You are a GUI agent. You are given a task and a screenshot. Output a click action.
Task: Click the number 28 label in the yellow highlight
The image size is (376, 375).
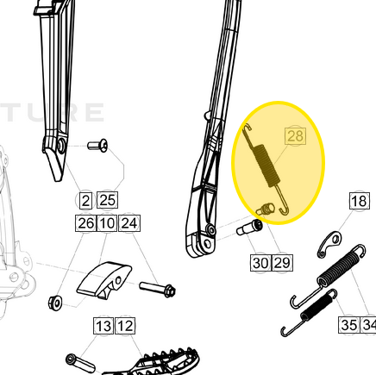tap(295, 136)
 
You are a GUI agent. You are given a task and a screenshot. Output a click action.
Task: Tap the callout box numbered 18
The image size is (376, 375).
tap(359, 202)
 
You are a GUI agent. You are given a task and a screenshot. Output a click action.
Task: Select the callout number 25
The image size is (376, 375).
tap(107, 201)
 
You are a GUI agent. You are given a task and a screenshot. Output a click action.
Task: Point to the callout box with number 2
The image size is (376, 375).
tap(85, 201)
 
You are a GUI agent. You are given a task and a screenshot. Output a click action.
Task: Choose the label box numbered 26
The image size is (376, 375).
tap(85, 224)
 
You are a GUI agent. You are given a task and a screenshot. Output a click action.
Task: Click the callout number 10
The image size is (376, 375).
tap(106, 224)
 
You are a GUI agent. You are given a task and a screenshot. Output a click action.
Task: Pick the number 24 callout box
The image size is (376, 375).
tap(128, 224)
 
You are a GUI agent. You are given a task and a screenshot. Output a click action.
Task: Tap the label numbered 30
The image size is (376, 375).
tap(260, 262)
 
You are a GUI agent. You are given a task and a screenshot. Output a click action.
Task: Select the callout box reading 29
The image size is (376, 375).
tap(281, 262)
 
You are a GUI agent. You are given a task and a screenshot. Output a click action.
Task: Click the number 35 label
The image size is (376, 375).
tap(348, 325)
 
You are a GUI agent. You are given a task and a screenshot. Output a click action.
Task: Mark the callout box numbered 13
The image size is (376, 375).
tap(103, 326)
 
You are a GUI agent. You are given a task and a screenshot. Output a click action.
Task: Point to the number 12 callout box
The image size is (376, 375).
tap(125, 326)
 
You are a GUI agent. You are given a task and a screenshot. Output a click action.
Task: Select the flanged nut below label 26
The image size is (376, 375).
tap(54, 302)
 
